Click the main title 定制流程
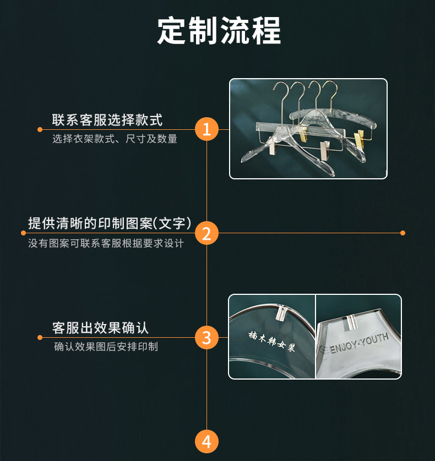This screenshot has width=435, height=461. click(x=219, y=30)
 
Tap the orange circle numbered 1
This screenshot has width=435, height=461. click(x=206, y=130)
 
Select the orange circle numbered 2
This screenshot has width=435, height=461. click(x=206, y=233)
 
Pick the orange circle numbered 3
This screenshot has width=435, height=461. click(x=206, y=337)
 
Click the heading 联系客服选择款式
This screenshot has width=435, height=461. click(x=107, y=120)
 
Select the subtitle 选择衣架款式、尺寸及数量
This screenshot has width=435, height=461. click(x=115, y=139)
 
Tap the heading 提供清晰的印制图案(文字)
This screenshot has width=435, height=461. click(x=110, y=223)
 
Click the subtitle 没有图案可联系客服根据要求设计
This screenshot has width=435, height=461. click(x=106, y=243)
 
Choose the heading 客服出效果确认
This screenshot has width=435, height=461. click(x=100, y=328)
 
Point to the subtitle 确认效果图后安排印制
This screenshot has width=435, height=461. click(x=106, y=347)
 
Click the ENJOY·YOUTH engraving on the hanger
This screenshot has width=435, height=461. click(x=358, y=343)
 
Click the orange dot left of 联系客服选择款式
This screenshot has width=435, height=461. click(x=40, y=130)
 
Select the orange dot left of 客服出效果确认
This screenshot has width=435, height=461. click(x=40, y=337)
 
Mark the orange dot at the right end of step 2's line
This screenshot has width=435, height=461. click(x=403, y=233)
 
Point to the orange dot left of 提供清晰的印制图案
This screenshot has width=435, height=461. click(x=23, y=233)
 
